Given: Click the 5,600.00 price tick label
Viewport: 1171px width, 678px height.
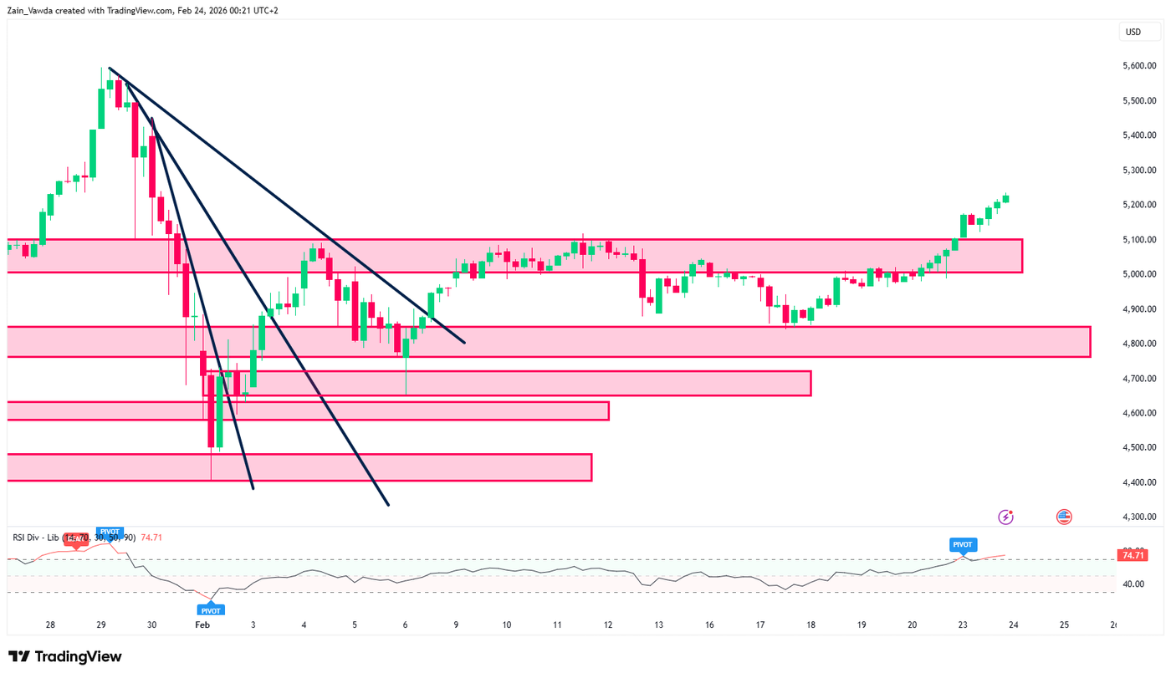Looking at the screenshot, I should tap(1139, 66).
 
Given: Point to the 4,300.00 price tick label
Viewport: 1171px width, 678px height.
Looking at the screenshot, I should tap(1139, 517).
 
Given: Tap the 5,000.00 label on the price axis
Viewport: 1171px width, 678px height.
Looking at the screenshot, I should tap(1139, 274).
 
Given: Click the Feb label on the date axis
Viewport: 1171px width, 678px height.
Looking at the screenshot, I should tap(202, 624).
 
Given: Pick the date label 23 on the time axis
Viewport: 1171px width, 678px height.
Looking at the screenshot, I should tap(962, 624).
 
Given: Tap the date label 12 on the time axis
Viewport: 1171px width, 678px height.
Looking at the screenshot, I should tap(608, 624).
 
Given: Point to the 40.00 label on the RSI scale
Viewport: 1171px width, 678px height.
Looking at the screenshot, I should tap(1134, 584).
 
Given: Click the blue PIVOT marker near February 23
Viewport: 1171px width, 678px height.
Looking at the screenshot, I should tap(962, 545).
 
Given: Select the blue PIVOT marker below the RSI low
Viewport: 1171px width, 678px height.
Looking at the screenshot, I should tap(212, 609).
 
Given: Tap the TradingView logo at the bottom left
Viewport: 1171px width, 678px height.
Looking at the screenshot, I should tap(65, 657).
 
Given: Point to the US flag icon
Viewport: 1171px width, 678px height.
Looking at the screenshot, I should tap(1064, 517).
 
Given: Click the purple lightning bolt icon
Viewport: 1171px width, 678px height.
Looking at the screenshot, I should tap(1005, 517).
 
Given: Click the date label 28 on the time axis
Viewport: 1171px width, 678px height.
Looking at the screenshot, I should tap(50, 624).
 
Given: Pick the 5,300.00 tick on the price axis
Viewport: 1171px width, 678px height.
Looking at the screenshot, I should tap(1139, 171).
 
